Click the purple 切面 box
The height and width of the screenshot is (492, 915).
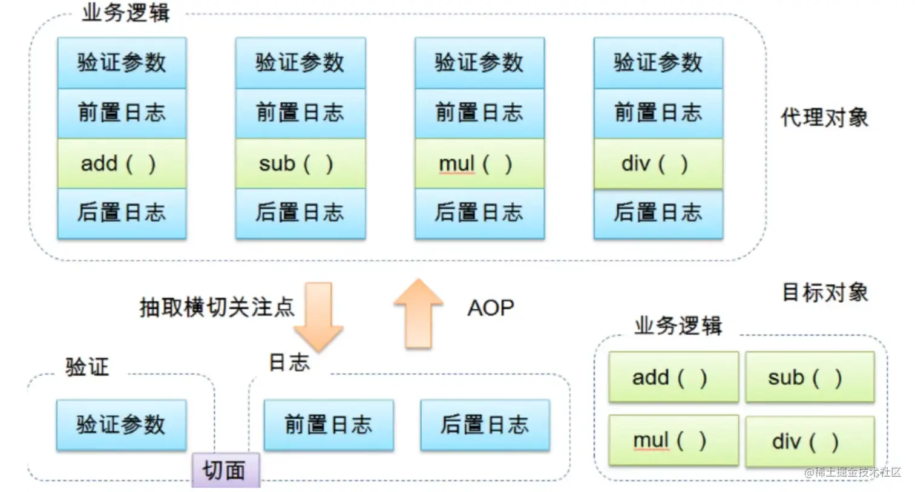(226, 470)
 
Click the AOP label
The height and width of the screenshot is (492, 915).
(490, 308)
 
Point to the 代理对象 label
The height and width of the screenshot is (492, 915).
(824, 117)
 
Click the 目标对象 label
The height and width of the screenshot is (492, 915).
(825, 293)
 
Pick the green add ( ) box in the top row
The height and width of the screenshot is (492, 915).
(122, 163)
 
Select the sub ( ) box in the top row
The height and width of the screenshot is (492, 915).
(300, 163)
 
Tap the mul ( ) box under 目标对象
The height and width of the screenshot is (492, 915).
(673, 440)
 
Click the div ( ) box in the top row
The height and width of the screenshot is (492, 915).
(658, 163)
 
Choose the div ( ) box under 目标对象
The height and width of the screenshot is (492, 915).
(810, 441)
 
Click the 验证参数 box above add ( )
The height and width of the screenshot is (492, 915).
(122, 63)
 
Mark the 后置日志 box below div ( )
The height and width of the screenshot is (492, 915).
(658, 213)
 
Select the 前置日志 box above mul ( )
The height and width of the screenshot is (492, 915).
(479, 113)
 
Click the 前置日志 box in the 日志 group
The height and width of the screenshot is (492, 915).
(329, 425)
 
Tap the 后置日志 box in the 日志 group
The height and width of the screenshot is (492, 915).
(485, 425)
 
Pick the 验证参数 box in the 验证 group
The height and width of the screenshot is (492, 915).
(121, 425)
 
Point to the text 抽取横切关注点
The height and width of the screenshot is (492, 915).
(217, 307)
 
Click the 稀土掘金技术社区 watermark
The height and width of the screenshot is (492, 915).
(853, 472)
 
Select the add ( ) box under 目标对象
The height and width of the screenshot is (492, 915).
(673, 377)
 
